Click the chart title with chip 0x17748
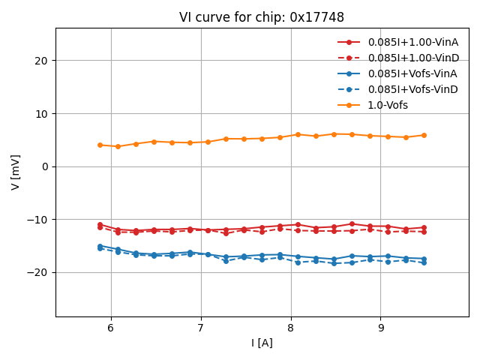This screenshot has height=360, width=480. [262, 17]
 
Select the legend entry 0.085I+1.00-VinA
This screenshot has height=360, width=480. [412, 42]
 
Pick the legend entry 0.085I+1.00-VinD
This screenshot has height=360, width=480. [412, 58]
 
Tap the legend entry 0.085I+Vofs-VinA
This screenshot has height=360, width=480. [412, 73]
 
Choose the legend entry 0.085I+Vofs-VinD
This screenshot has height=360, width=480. [412, 89]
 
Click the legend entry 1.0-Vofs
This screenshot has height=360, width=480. [388, 105]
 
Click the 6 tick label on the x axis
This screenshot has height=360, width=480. [111, 328]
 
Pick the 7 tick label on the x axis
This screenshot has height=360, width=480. [201, 328]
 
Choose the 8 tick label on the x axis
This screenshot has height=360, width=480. [291, 328]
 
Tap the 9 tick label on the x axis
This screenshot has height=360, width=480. [381, 328]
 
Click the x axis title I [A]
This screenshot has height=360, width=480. [262, 343]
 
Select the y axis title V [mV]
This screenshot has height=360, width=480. [16, 172]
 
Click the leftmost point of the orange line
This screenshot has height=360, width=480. [100, 145]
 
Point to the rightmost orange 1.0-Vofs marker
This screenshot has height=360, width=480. [424, 135]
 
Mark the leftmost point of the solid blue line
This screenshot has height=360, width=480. [100, 246]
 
